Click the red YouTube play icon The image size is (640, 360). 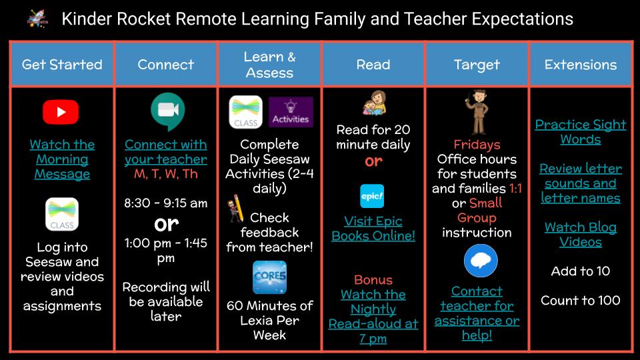[61, 112]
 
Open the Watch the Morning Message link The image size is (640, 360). [62, 159]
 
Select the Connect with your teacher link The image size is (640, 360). [165, 151]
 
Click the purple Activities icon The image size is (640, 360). [291, 112]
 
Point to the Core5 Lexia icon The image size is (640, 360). [269, 277]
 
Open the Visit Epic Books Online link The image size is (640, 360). [373, 228]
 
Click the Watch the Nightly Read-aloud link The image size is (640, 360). [373, 317]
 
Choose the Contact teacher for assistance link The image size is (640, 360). [477, 313]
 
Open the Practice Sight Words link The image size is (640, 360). [581, 132]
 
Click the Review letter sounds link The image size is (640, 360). [581, 183]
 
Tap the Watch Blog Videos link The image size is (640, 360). [581, 235]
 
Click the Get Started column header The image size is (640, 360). [62, 65]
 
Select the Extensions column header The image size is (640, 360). [581, 65]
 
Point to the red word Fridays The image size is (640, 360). [477, 145]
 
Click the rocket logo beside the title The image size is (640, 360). [37, 19]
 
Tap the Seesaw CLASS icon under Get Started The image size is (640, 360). [62, 214]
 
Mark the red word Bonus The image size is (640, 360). [373, 280]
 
